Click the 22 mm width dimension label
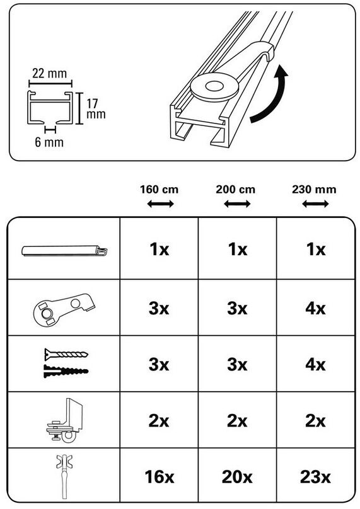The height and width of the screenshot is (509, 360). pyautogui.click(x=49, y=73)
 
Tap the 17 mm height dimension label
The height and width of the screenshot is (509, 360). pyautogui.click(x=96, y=109)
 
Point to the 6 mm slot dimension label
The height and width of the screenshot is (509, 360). pyautogui.click(x=49, y=142)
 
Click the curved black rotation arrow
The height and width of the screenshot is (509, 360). pyautogui.click(x=270, y=93)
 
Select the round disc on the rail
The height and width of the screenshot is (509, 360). pyautogui.click(x=214, y=87)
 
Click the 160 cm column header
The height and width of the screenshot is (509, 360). pyautogui.click(x=160, y=189)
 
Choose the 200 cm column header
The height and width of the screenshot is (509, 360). pyautogui.click(x=236, y=189)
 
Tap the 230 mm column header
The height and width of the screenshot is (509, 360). pyautogui.click(x=314, y=189)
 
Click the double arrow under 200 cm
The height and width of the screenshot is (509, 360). pyautogui.click(x=237, y=204)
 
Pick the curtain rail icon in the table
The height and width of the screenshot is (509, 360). pyautogui.click(x=64, y=251)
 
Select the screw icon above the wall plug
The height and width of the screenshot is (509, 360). pyautogui.click(x=66, y=354)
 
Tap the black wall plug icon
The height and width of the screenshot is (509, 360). pyautogui.click(x=66, y=371)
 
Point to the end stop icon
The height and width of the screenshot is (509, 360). pyautogui.click(x=65, y=421)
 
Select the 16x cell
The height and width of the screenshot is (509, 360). pyautogui.click(x=160, y=477)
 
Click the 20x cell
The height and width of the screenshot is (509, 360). pyautogui.click(x=237, y=477)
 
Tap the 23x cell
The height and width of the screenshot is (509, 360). pyautogui.click(x=315, y=477)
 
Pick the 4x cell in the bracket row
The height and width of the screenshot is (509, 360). pyautogui.click(x=315, y=308)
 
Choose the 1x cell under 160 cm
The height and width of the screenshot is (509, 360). pyautogui.click(x=160, y=249)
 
